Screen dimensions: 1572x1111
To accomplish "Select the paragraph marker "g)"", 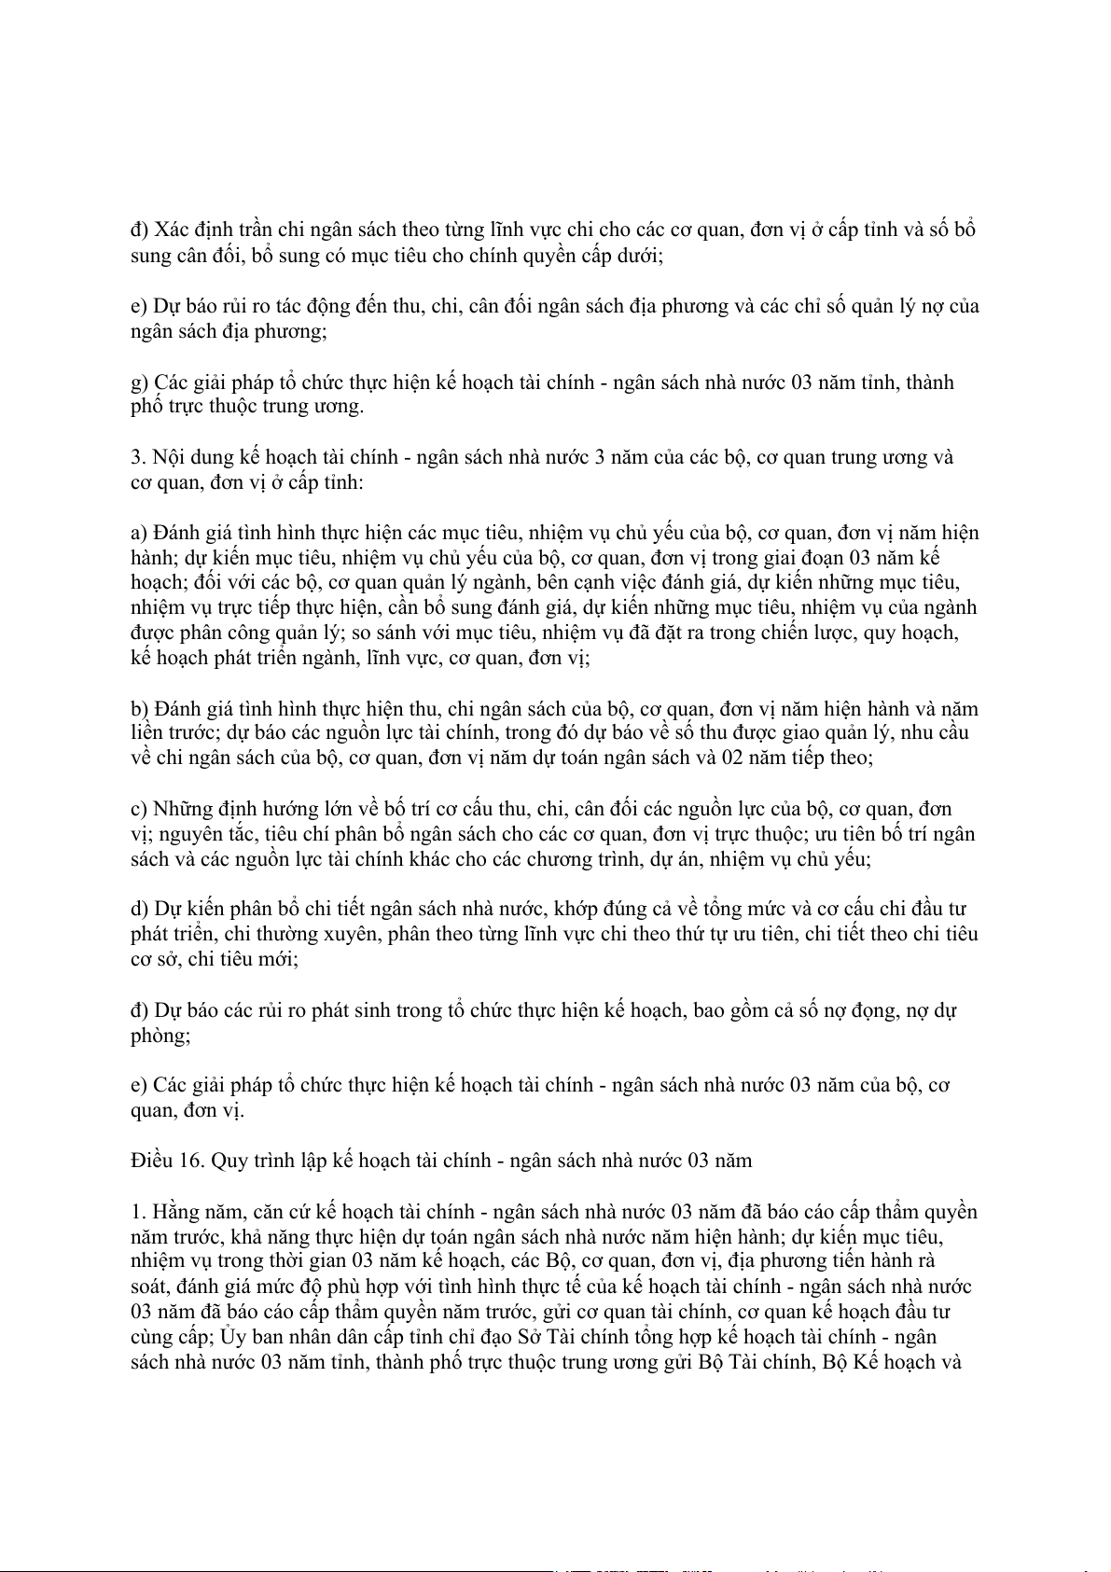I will (140, 383).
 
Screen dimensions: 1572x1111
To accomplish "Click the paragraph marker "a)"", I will (139, 534).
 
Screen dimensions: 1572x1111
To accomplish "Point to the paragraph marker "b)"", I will (140, 709).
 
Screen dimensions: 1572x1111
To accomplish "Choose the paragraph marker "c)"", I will (139, 809).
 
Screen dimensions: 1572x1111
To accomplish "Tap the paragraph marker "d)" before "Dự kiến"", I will (140, 909).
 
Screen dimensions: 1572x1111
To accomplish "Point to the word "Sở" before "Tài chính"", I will (530, 1337).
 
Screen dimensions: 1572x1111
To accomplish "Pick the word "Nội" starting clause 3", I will (169, 458).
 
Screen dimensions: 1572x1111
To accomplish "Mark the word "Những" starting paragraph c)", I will (181, 809).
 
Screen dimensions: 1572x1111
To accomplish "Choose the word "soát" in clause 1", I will (149, 1287).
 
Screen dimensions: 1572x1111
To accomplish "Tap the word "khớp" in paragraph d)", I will (578, 909).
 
